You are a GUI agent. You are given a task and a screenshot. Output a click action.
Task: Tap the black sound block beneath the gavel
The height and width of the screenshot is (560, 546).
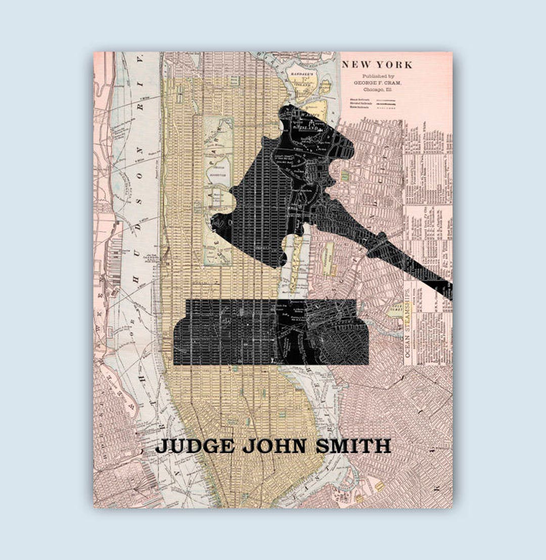point(271,332)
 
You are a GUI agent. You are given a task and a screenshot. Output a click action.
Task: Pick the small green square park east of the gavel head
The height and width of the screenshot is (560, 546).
point(344,175)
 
